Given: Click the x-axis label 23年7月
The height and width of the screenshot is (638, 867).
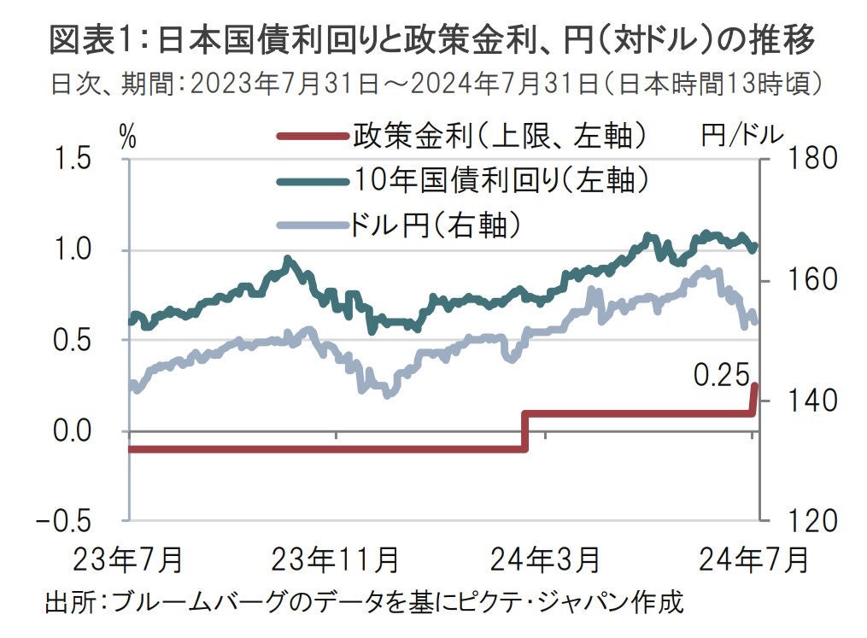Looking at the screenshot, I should tap(128, 560).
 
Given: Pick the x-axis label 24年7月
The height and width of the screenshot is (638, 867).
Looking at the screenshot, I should tap(753, 560).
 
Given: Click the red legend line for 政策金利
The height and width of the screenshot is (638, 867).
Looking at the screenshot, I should tap(313, 137).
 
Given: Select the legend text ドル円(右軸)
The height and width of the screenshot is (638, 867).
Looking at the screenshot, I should tap(436, 225).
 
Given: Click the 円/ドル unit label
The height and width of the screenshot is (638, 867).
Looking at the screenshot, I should tap(740, 136).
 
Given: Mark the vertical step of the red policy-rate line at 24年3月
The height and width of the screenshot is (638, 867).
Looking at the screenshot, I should tap(524, 431).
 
